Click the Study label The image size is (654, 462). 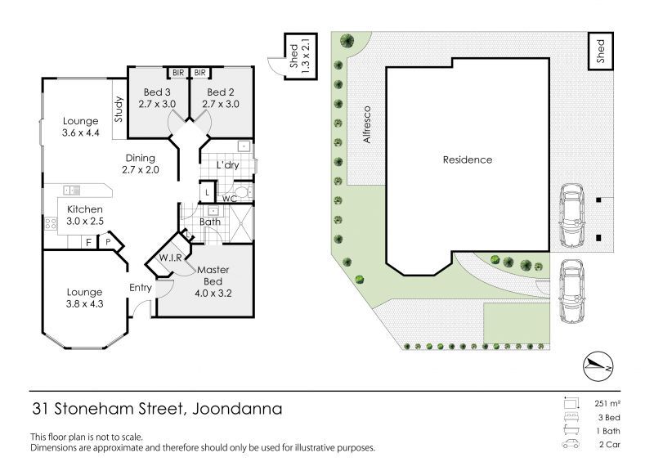[x=118, y=110]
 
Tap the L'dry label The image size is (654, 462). [x=227, y=165]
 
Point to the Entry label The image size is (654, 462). [x=141, y=288]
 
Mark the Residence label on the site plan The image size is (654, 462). [x=468, y=159]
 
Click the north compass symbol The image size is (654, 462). [x=597, y=366]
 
